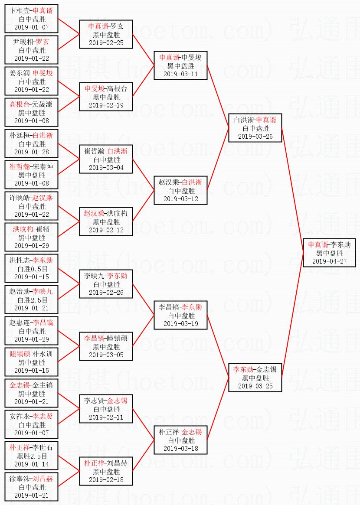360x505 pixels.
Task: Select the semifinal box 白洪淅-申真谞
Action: coord(255,128)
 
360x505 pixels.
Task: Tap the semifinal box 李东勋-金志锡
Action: coord(255,378)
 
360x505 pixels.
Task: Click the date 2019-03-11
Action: coord(180,74)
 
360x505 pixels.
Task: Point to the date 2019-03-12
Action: coord(180,199)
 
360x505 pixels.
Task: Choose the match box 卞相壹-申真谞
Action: coord(31,19)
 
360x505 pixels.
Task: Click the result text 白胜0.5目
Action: coord(31,269)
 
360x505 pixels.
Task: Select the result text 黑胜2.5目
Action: coord(31,456)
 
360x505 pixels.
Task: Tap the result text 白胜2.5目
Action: coord(31,300)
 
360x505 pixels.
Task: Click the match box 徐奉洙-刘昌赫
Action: coord(31,487)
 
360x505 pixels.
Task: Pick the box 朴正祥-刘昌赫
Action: coord(106,471)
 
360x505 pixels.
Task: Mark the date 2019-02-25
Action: coord(106,43)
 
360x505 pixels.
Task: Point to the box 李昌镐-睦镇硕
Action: coord(106,346)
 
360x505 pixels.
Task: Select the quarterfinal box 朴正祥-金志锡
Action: coord(180,440)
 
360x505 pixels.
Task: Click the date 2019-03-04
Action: coord(106,168)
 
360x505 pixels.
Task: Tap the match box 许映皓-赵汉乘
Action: coord(31,206)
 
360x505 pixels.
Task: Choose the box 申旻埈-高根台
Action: coord(106,97)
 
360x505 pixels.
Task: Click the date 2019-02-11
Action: coord(106,417)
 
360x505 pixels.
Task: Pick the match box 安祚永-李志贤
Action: coord(31,424)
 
